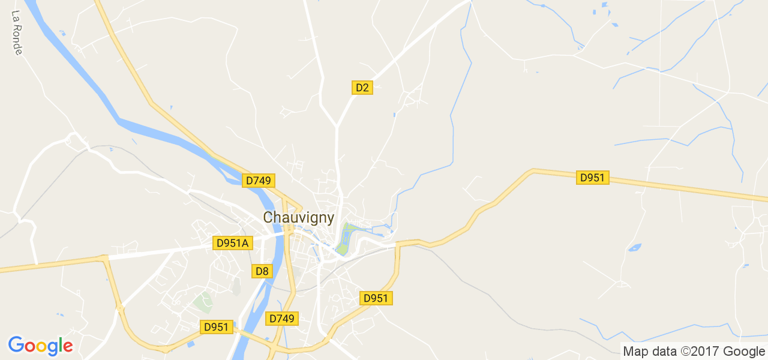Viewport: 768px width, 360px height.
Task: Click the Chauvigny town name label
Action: click(x=298, y=217)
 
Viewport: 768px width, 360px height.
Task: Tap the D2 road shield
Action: click(x=362, y=88)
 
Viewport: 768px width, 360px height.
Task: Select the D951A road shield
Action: click(x=232, y=243)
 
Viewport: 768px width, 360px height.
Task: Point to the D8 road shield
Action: click(x=262, y=271)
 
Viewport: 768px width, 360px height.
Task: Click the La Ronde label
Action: click(x=17, y=32)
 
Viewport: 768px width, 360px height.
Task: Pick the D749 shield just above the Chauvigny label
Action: click(x=259, y=181)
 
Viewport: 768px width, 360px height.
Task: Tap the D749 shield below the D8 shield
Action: click(x=281, y=319)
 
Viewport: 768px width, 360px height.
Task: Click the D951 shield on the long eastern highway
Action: click(x=592, y=178)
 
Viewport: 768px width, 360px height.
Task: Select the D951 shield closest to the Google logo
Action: click(x=216, y=327)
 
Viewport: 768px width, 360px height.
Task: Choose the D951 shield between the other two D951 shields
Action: click(x=376, y=298)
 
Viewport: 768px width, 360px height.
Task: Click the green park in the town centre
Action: click(x=344, y=238)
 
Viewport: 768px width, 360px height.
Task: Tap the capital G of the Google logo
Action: click(x=16, y=345)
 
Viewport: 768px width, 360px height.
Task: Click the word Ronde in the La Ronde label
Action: click(x=17, y=39)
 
